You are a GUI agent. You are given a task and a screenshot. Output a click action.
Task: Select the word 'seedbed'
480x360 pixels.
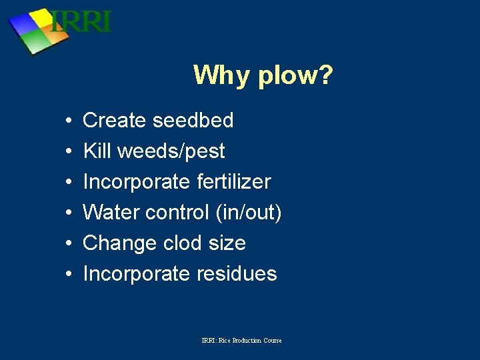193,121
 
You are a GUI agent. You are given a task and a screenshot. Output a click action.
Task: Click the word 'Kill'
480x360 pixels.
97,151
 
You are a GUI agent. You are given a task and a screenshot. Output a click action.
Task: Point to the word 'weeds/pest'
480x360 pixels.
171,152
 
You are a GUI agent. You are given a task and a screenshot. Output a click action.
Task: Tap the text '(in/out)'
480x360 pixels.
249,213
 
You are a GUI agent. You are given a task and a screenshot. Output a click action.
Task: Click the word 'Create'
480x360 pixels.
114,121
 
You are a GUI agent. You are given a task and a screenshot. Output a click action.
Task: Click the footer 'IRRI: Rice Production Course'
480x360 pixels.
241,341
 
